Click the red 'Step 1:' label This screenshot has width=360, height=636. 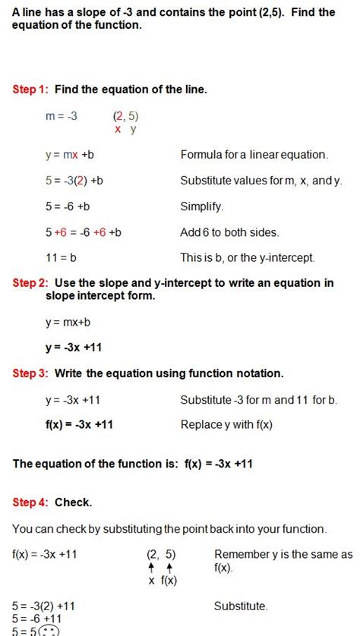point(30,90)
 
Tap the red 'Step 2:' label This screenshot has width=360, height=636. point(30,283)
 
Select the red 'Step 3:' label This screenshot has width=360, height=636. point(30,373)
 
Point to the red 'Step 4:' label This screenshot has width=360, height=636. point(30,502)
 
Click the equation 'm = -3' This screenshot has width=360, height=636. point(62,116)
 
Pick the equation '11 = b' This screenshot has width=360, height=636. point(61,257)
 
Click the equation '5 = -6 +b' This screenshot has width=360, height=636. point(68,206)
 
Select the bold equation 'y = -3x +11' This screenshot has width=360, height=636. point(73,348)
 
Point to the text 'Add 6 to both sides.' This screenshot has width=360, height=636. point(229,232)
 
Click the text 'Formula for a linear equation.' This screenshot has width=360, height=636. point(254,155)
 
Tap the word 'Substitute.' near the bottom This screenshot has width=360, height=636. point(241,606)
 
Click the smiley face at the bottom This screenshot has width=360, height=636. point(49,630)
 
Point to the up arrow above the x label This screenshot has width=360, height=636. point(152,567)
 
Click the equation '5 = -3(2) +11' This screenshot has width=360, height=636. point(44,606)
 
